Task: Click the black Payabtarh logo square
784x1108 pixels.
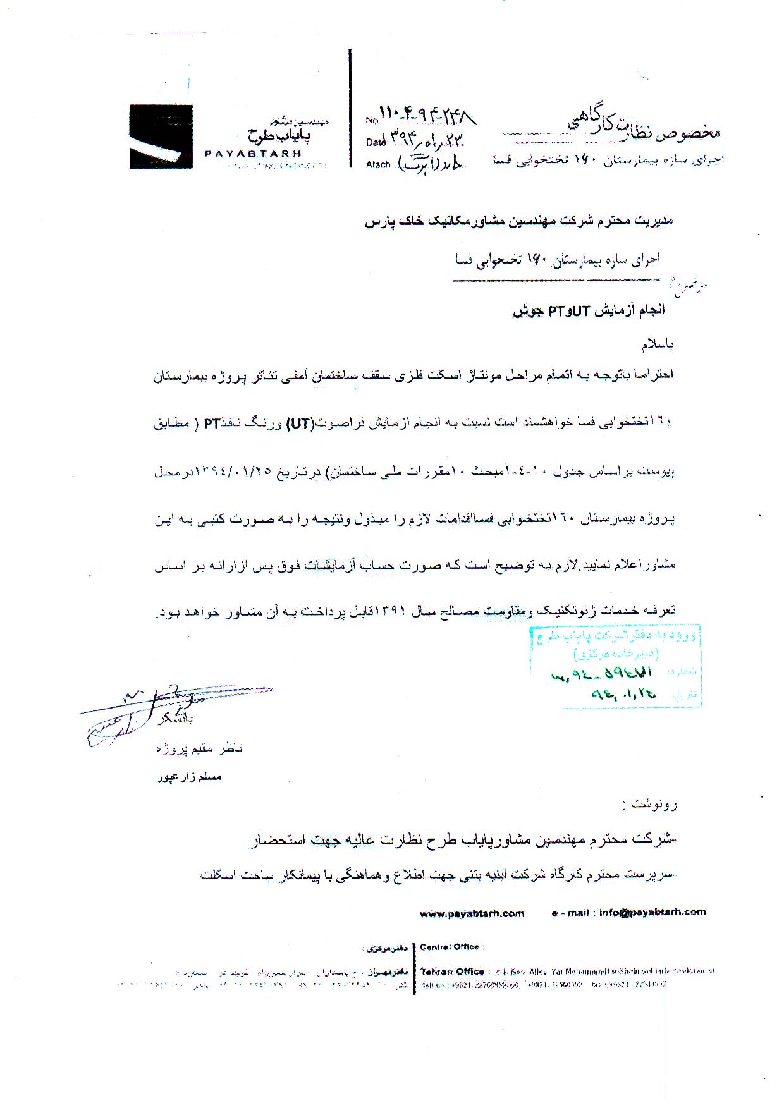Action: [x=161, y=137]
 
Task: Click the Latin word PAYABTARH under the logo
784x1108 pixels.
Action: [x=252, y=153]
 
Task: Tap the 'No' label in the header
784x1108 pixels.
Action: [x=371, y=119]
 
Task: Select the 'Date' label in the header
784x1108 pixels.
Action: [x=375, y=142]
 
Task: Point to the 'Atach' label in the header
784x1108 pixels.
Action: [x=378, y=164]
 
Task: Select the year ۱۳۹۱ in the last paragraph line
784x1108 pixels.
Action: [x=389, y=611]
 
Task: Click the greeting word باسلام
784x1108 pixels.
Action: [x=658, y=344]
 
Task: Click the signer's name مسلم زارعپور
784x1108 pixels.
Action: [x=190, y=777]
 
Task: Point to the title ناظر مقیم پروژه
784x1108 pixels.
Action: [x=199, y=748]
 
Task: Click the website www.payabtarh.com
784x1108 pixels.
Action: [x=472, y=913]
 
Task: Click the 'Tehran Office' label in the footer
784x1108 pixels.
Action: [x=453, y=971]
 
